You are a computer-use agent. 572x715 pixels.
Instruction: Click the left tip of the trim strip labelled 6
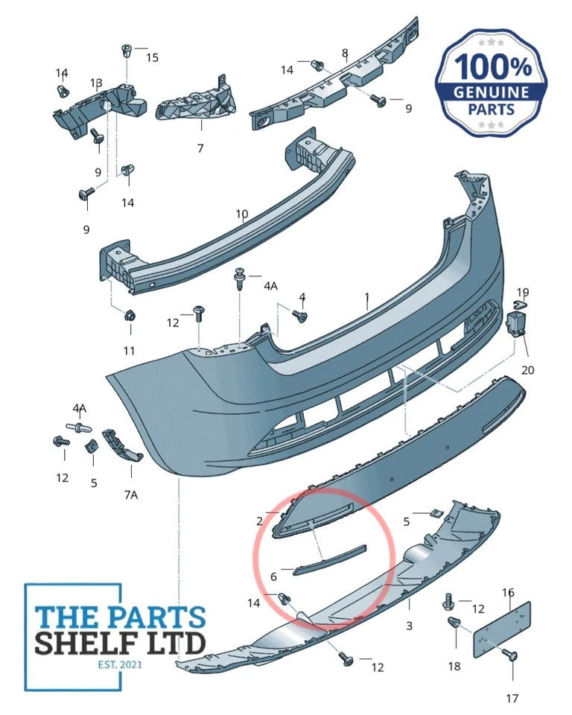pos(294,572)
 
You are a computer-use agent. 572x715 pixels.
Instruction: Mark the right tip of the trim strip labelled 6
pos(366,546)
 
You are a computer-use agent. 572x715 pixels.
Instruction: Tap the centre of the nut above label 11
pos(130,315)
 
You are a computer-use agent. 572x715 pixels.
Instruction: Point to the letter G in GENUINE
pos(460,93)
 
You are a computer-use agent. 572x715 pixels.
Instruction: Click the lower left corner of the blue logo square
pos(25,690)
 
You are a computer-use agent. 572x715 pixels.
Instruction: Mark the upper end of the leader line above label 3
pos(409,600)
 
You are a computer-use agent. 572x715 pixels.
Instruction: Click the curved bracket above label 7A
pos(121,444)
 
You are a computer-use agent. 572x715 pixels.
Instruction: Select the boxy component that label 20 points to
pos(517,323)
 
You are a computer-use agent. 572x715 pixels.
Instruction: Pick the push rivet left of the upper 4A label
pos(240,278)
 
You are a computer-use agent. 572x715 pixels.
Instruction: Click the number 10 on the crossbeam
pos(242,214)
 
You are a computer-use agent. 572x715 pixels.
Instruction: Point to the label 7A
pos(131,495)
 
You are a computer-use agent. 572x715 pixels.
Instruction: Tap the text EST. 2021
pos(120,664)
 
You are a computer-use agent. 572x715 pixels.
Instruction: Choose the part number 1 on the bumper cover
pos(367,297)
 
